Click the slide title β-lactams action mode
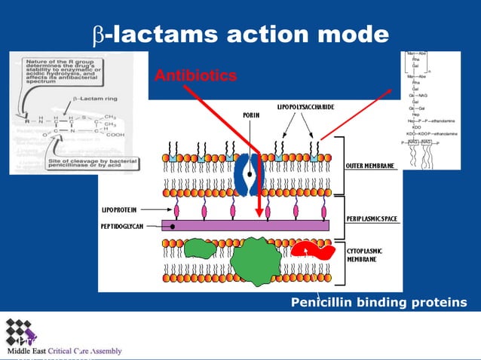click(x=240, y=34)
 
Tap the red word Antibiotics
click(x=195, y=76)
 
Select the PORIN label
click(x=252, y=115)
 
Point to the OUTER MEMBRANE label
click(x=370, y=165)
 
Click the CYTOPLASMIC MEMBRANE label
click(x=366, y=254)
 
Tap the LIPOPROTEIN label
click(x=125, y=208)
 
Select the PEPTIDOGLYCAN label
click(x=124, y=225)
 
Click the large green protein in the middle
click(x=255, y=262)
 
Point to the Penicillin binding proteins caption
click(x=378, y=303)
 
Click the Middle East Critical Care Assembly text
click(x=64, y=351)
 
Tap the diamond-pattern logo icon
click(x=20, y=331)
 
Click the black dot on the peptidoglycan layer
click(x=173, y=225)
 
